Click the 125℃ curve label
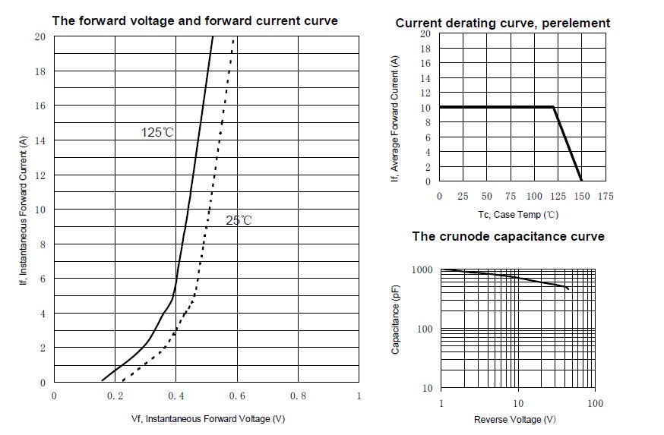[157, 132]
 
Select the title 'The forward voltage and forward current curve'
[194, 21]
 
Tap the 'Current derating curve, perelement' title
[502, 23]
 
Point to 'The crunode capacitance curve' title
[508, 236]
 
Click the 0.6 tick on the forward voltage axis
[236, 396]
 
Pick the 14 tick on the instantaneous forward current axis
[41, 140]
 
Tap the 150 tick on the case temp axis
[582, 196]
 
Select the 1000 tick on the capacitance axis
[422, 270]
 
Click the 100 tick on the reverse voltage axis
[596, 403]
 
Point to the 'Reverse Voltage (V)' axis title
[514, 420]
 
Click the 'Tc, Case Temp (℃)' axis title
[518, 215]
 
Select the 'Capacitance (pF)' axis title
[396, 320]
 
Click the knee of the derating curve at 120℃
[553, 107]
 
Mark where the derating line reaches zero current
[582, 181]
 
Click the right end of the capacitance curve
[568, 288]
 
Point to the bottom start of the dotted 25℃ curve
[123, 380]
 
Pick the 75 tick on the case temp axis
[511, 196]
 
